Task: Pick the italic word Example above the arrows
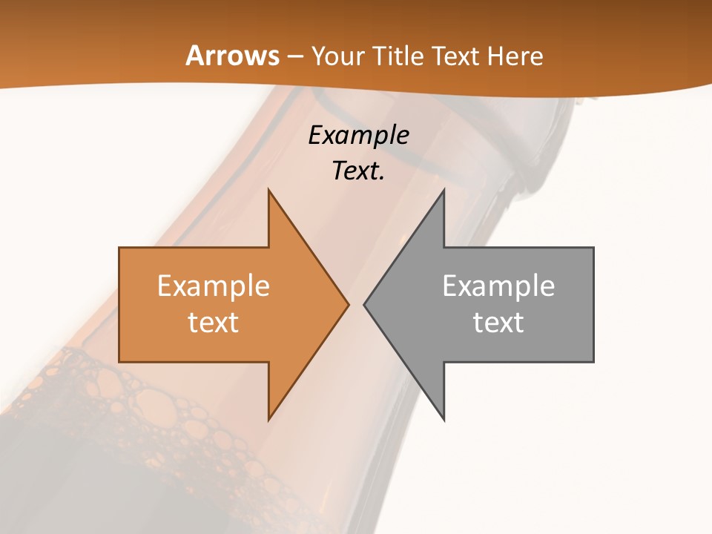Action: click(358, 135)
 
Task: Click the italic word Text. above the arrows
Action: click(358, 171)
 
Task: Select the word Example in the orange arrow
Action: click(213, 286)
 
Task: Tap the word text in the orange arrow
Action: click(213, 322)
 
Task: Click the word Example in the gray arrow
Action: click(498, 286)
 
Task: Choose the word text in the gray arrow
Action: click(498, 322)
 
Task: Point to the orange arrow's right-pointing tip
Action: click(347, 304)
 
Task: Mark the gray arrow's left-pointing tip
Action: click(365, 304)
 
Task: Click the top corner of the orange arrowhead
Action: click(269, 191)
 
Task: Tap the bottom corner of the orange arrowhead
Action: click(269, 419)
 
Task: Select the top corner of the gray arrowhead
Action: click(444, 191)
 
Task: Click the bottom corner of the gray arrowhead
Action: click(444, 419)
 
